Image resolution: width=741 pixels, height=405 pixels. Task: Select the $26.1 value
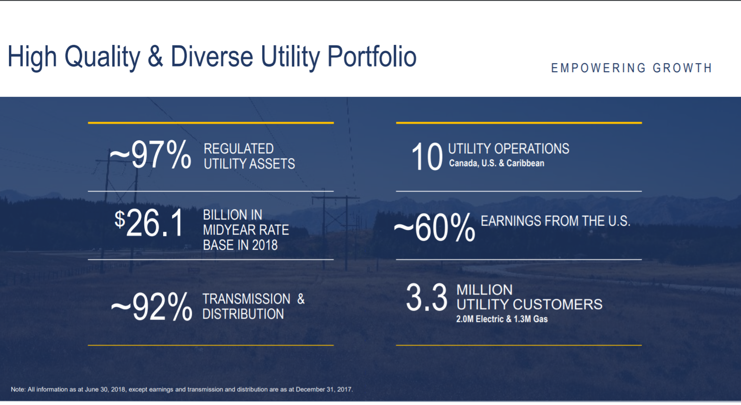click(x=149, y=223)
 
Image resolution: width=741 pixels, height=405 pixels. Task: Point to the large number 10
click(x=427, y=157)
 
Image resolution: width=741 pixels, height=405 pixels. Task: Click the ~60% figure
click(x=435, y=228)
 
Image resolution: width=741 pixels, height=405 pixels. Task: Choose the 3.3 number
click(x=426, y=298)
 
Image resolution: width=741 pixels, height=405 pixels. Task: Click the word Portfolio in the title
click(x=371, y=57)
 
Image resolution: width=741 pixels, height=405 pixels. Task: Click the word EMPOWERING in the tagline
click(x=598, y=68)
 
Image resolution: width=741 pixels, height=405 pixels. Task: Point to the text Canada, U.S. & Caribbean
click(x=496, y=163)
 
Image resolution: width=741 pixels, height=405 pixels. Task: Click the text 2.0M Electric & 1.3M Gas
click(x=502, y=319)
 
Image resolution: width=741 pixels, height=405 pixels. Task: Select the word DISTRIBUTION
click(x=243, y=314)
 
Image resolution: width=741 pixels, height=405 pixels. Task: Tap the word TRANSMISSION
click(x=246, y=299)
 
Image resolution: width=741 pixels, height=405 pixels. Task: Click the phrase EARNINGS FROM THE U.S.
click(x=555, y=221)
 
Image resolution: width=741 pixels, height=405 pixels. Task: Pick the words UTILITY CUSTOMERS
click(x=529, y=304)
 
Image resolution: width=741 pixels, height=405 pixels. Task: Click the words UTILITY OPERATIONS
click(x=508, y=149)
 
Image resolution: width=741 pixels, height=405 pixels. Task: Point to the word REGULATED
click(x=239, y=149)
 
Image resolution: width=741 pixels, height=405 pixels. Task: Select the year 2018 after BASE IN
click(x=264, y=245)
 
